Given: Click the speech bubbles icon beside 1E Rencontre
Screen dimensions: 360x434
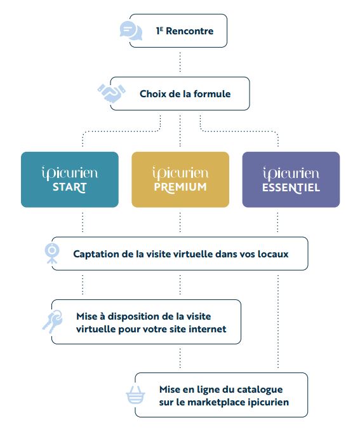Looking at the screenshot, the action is click(x=131, y=31).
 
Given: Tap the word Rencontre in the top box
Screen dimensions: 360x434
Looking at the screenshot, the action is click(x=190, y=31).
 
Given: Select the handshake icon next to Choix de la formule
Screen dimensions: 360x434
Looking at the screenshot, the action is click(x=112, y=93).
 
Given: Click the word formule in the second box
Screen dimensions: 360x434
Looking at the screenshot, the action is click(x=212, y=94).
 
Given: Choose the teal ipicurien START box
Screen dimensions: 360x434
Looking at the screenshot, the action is click(x=70, y=179).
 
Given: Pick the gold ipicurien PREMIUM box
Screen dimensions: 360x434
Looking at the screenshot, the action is click(x=180, y=179).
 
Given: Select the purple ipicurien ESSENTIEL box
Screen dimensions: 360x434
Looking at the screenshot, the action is click(x=291, y=179).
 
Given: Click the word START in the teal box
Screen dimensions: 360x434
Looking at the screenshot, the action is click(x=70, y=187).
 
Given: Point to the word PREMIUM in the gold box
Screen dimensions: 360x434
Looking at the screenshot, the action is click(x=180, y=187).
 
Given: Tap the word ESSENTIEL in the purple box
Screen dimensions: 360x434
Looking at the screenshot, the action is click(x=291, y=188).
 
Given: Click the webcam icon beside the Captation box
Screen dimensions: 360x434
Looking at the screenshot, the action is click(x=51, y=253).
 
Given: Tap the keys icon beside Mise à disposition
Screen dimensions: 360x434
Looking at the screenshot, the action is click(x=53, y=322).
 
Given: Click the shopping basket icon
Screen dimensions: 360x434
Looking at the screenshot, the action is click(x=135, y=395).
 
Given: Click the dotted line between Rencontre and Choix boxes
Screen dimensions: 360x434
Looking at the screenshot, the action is click(x=180, y=62).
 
